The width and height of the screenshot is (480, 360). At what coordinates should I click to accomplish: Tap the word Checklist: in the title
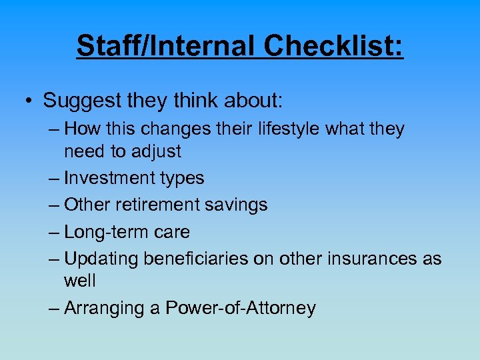click(x=333, y=46)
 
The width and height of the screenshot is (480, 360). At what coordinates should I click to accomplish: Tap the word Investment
click(x=112, y=178)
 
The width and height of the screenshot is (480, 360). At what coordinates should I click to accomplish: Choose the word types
click(x=184, y=179)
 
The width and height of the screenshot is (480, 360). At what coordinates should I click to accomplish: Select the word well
click(x=79, y=281)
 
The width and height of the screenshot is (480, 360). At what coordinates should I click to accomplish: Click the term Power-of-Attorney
click(x=240, y=308)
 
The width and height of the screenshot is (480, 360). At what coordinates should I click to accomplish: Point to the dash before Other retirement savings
click(x=54, y=205)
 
